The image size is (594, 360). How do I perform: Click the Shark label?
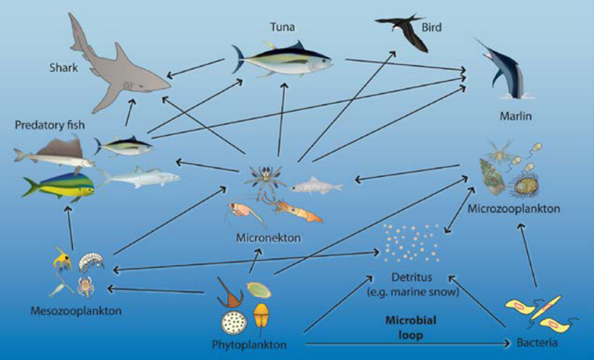[64, 68]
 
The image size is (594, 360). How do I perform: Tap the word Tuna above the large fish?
[283, 27]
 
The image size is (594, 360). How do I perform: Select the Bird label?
[431, 27]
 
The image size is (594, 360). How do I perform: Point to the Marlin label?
[516, 116]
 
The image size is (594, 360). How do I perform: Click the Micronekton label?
[268, 238]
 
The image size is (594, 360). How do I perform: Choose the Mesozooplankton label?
[76, 311]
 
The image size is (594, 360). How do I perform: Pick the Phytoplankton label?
[250, 345]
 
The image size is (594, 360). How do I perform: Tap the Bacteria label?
[537, 343]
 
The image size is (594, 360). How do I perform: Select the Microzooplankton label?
[514, 208]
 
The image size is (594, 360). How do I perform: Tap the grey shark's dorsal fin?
[122, 52]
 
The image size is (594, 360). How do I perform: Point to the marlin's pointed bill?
[480, 45]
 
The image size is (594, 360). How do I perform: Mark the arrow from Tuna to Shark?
[196, 68]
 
